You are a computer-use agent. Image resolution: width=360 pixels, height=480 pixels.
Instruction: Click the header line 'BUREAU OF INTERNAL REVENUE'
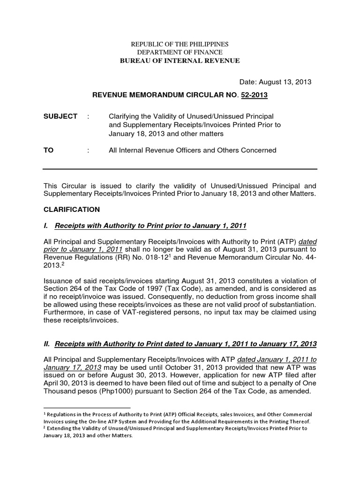tap(180, 60)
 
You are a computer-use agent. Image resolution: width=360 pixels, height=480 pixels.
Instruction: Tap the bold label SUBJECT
tap(60, 116)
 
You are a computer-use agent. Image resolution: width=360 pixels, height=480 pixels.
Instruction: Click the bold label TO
tap(48, 150)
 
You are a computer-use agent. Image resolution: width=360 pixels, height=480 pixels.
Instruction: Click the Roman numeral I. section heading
tap(145, 226)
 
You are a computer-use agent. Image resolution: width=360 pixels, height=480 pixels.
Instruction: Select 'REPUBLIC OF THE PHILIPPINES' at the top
tap(180, 44)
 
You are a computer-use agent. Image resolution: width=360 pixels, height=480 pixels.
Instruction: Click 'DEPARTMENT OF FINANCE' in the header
tap(180, 52)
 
